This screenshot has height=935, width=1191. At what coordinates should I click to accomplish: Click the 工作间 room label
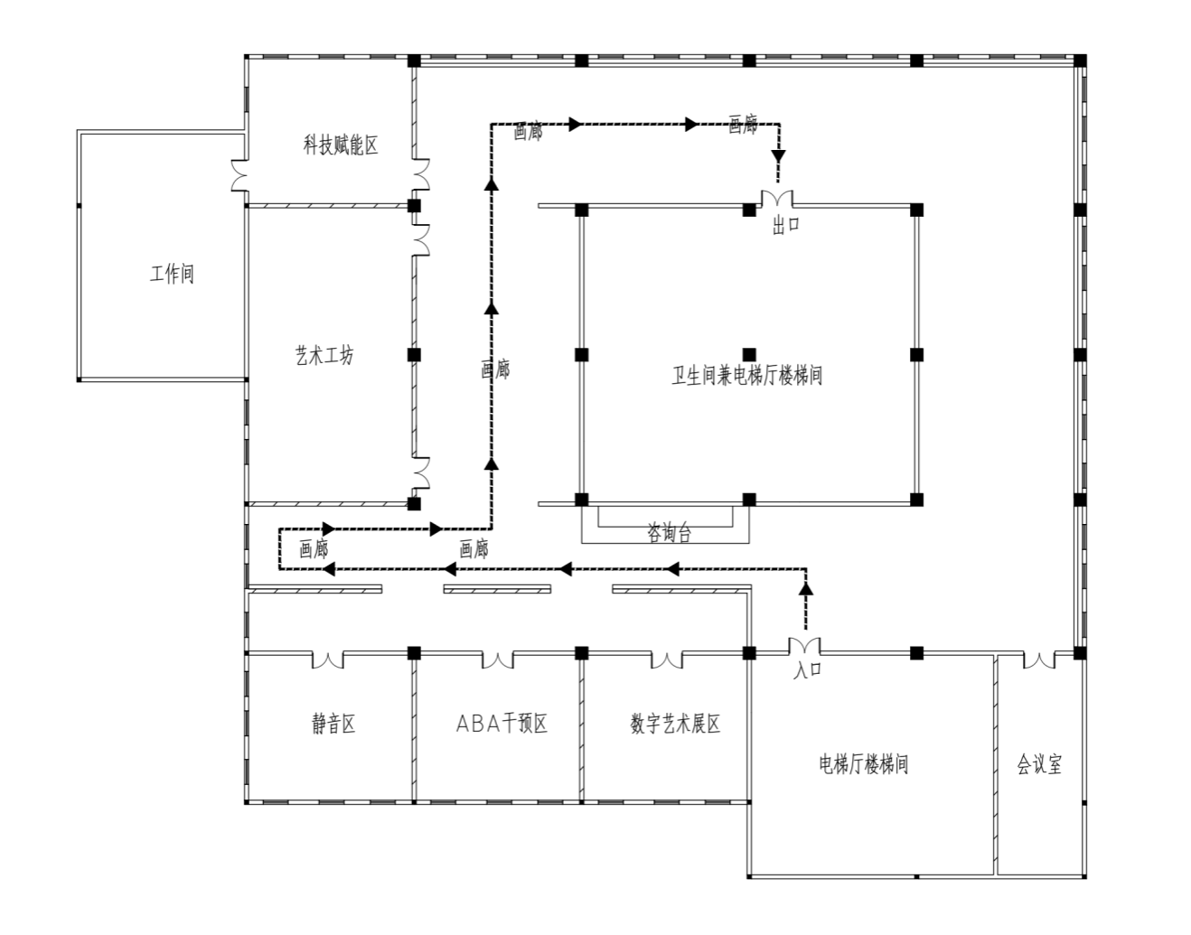coord(172,274)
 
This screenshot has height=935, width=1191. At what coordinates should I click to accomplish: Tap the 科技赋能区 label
coord(341,145)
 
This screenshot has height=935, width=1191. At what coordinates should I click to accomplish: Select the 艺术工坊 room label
coord(325,356)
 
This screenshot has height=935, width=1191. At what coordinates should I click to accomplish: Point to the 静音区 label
coord(333,724)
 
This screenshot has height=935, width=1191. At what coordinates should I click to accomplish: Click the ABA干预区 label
coord(502,724)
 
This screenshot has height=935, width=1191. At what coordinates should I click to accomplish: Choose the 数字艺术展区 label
coord(675,724)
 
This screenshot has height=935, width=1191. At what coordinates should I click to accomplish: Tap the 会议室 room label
coord(1040,764)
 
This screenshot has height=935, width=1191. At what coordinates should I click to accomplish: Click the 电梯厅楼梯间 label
coord(864,764)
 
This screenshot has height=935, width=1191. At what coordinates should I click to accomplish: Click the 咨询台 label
coord(670,532)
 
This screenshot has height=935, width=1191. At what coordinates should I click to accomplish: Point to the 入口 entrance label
coord(807,669)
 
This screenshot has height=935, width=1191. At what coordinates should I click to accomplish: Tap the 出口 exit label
coord(786,225)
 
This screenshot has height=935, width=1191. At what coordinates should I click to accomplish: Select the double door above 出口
coord(777,198)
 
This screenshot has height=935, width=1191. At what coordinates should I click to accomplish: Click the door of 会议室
coord(1039,660)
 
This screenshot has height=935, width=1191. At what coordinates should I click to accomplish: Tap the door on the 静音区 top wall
coord(328,660)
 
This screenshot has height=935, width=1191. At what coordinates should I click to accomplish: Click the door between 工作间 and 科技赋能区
coord(240,175)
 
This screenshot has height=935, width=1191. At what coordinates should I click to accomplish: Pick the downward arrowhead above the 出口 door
coord(778,156)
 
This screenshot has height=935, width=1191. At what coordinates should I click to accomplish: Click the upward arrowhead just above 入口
coord(806,588)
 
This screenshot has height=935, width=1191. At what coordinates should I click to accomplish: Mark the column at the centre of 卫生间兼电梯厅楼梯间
coord(749,355)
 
